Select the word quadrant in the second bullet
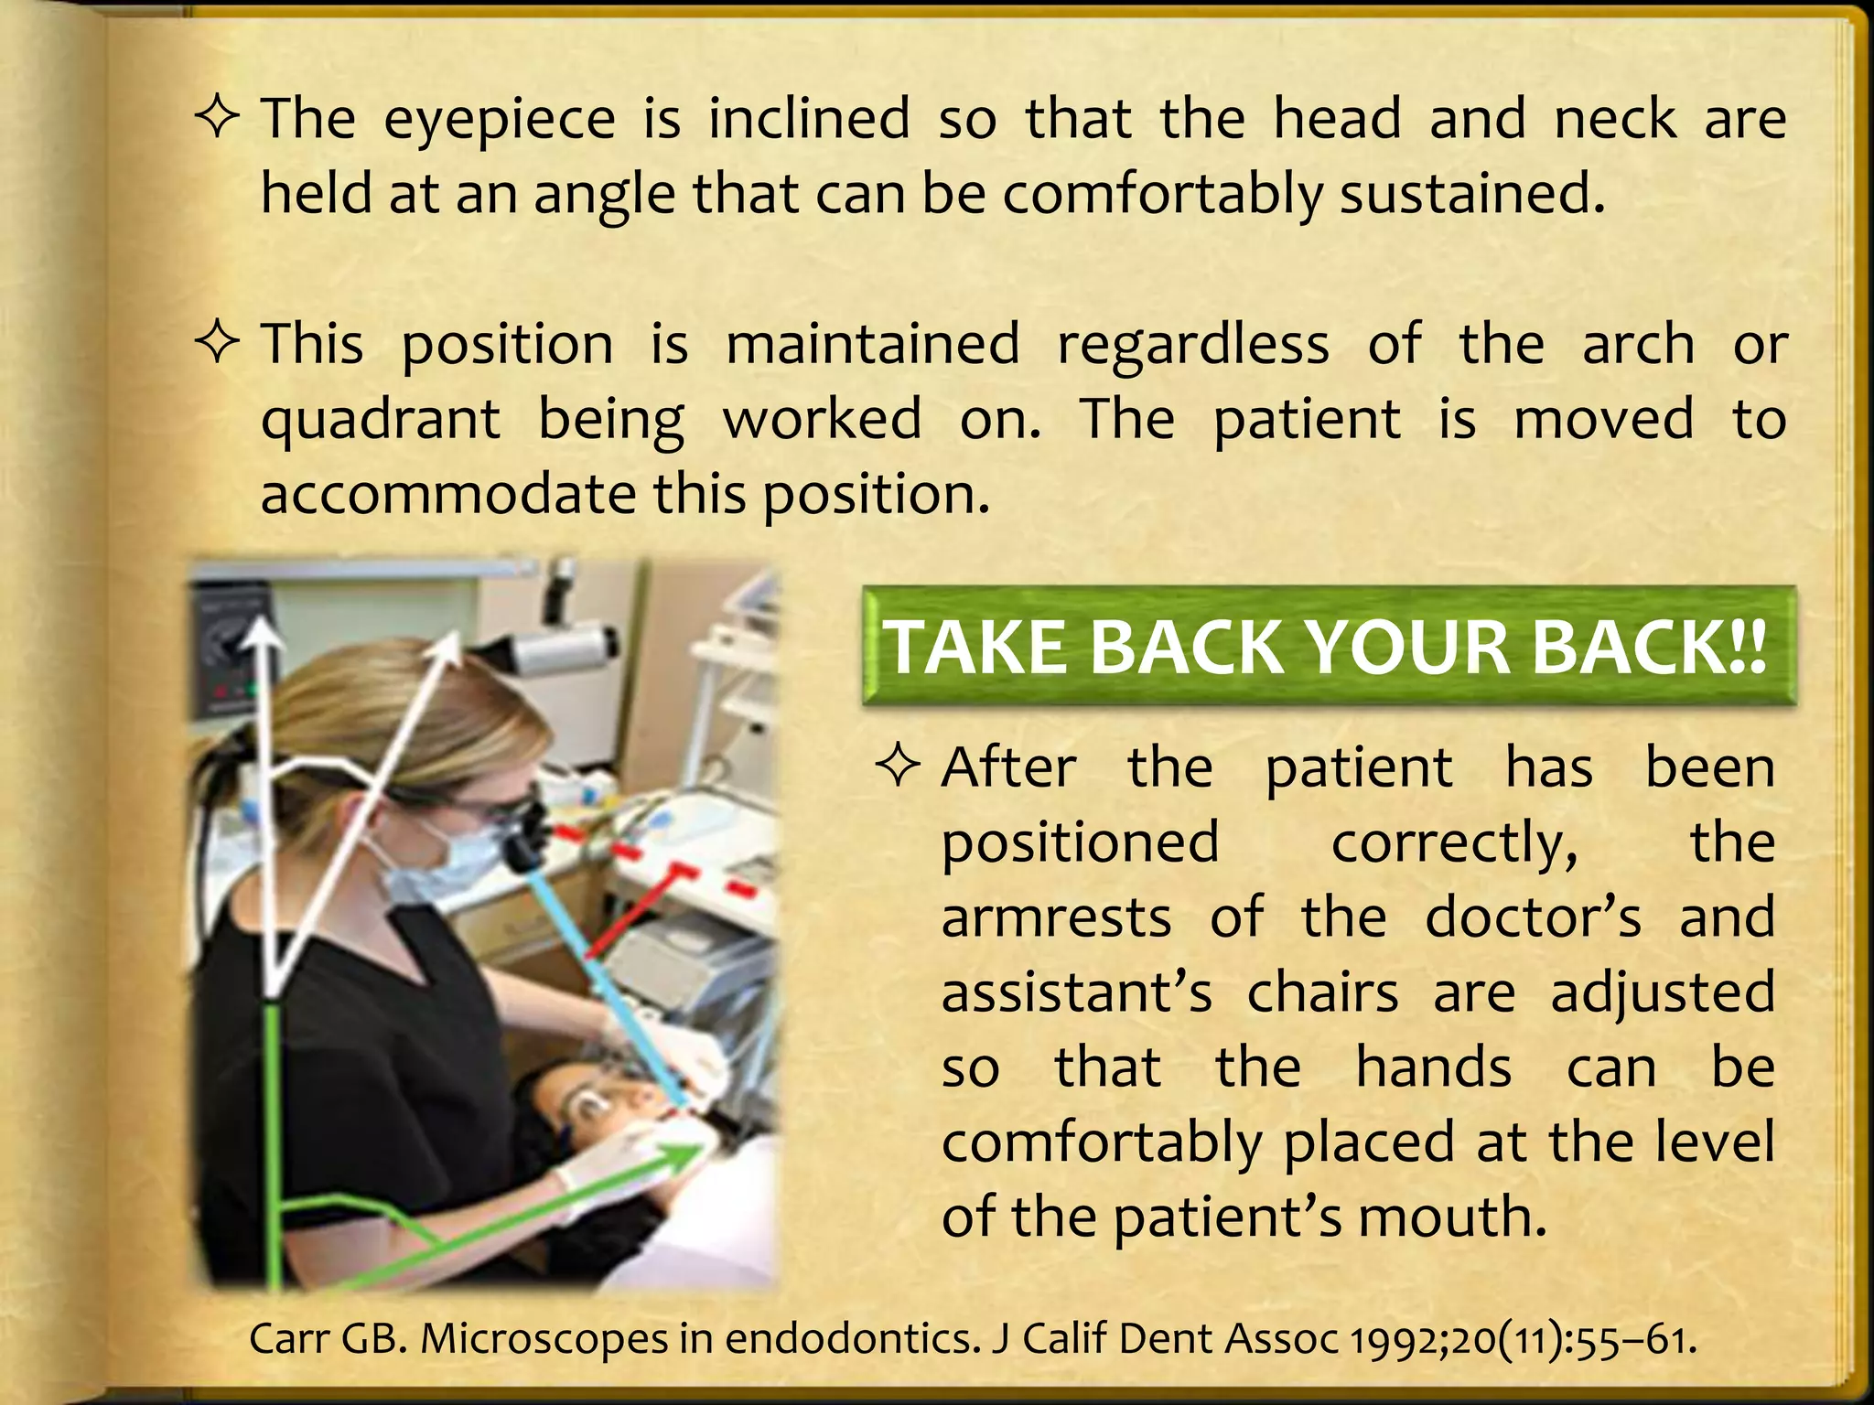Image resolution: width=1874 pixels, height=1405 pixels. (x=380, y=421)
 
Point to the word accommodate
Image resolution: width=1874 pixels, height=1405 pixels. (x=447, y=496)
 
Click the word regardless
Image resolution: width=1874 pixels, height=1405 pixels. (x=1193, y=346)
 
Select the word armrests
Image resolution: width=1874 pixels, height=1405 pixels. (x=1056, y=917)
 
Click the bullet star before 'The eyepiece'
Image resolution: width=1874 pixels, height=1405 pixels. (x=219, y=120)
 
